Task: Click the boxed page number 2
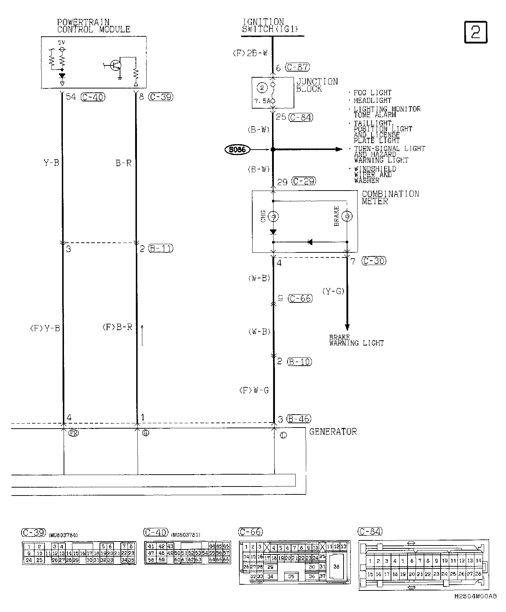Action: [x=475, y=32]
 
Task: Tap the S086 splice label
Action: [x=237, y=149]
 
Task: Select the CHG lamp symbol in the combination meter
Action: [x=273, y=216]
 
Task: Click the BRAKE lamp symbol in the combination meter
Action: [x=347, y=216]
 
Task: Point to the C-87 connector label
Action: [x=297, y=67]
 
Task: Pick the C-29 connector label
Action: [x=304, y=181]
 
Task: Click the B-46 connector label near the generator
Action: [x=299, y=419]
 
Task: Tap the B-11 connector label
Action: [x=161, y=248]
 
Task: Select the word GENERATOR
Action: [x=333, y=431]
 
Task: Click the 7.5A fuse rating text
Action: [x=262, y=101]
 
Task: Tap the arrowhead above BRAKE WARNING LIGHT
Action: [x=347, y=327]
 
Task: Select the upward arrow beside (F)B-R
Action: [x=142, y=334]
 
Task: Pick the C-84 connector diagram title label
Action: [x=370, y=531]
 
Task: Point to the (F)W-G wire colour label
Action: [x=254, y=390]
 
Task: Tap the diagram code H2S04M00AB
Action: [x=475, y=606]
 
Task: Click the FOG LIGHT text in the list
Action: [x=372, y=93]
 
